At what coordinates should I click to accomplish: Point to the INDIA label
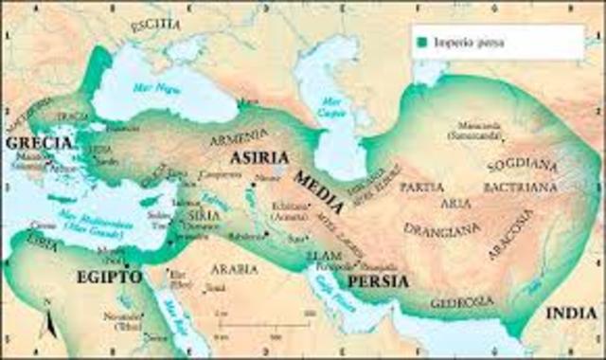pos(573,312)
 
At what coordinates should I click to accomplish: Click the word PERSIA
pos(377,282)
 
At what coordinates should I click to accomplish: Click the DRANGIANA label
pos(436,228)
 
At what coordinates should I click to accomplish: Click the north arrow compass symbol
pos(46,327)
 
